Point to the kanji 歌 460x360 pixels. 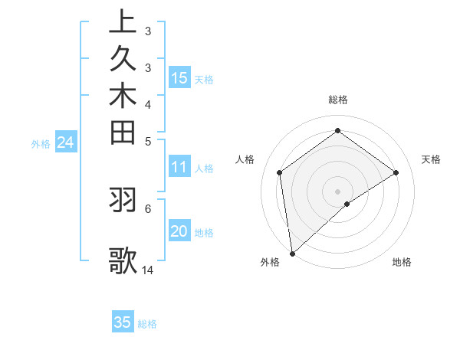click(x=123, y=260)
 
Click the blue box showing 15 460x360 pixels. click(x=179, y=77)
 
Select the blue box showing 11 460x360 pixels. click(x=179, y=167)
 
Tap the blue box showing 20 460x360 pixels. click(x=179, y=231)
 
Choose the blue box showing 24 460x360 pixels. click(x=65, y=142)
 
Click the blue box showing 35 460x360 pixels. click(x=123, y=322)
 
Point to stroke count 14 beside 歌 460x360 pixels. click(x=148, y=270)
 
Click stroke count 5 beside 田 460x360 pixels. click(x=148, y=141)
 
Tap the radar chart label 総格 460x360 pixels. click(x=337, y=100)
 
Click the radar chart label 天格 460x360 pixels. click(x=431, y=159)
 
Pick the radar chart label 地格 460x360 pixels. click(x=402, y=262)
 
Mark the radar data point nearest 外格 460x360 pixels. click(x=292, y=253)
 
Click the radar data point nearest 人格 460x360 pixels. click(x=280, y=172)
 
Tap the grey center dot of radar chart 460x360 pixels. click(x=337, y=191)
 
